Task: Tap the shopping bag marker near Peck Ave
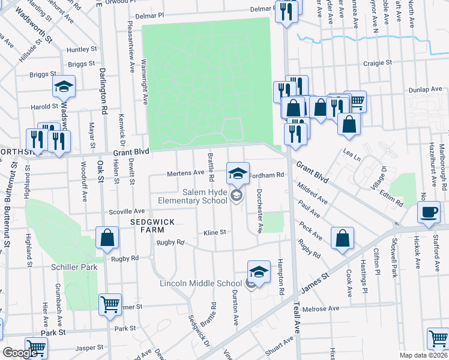click(x=342, y=238)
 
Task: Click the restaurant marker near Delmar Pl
click(x=286, y=11)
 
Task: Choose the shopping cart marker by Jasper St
click(x=37, y=347)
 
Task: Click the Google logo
click(x=19, y=353)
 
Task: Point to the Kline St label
click(x=214, y=232)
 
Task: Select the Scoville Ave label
click(x=127, y=212)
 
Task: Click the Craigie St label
click(x=377, y=62)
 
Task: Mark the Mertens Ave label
click(x=185, y=173)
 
